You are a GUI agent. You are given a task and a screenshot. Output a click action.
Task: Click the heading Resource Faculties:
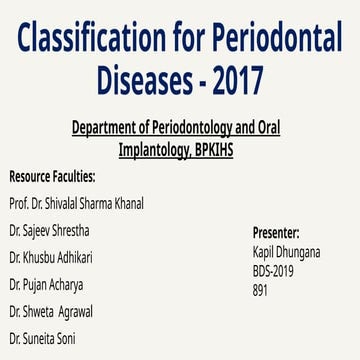(x=52, y=177)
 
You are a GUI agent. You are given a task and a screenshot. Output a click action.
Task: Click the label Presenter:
(x=284, y=233)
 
